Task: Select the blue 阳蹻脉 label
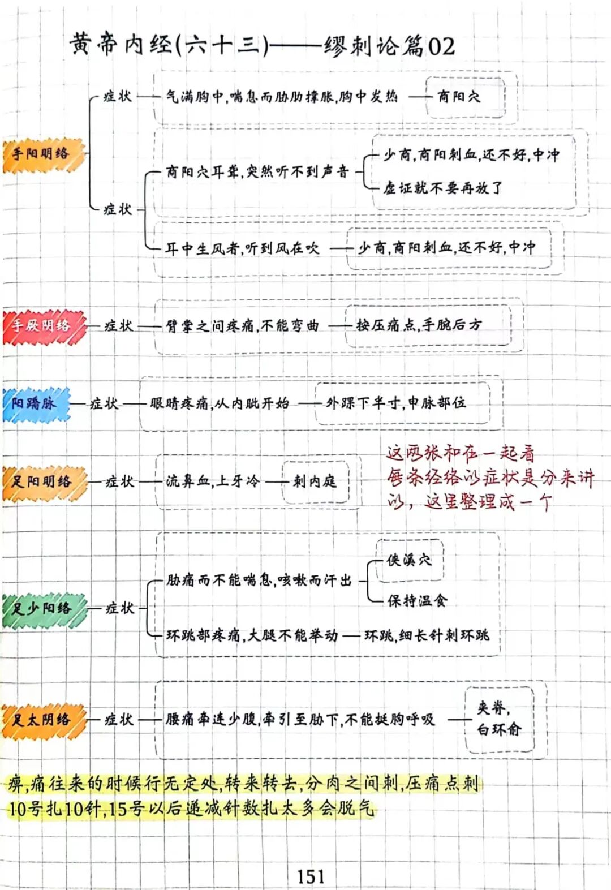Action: [35, 403]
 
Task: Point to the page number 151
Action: [311, 876]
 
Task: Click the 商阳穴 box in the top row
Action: [459, 97]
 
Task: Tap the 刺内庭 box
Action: [315, 481]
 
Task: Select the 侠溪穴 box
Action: [408, 560]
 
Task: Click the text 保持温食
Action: [418, 600]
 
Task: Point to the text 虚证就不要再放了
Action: [443, 188]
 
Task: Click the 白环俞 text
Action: [498, 729]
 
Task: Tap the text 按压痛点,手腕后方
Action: [419, 325]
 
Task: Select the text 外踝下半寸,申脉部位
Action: [396, 403]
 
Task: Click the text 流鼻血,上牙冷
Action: [213, 481]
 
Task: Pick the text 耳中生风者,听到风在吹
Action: [242, 248]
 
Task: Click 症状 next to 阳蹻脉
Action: [104, 403]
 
